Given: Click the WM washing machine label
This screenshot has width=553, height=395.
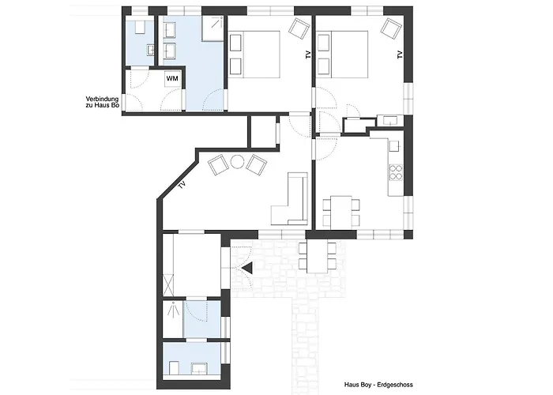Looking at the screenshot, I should click(172, 78).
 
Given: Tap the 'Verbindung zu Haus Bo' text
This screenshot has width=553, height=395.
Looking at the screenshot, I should click(103, 104).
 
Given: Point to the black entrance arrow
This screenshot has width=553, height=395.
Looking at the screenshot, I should click(246, 269).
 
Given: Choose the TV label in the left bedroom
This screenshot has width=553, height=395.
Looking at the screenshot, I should click(307, 55).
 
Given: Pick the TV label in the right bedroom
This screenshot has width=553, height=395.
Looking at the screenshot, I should click(400, 55).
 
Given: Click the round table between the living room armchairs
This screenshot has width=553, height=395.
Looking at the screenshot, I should click(236, 163).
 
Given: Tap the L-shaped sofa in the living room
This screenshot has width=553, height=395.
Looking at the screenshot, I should click(292, 201).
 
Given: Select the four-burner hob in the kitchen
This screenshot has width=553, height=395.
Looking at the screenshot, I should click(395, 173).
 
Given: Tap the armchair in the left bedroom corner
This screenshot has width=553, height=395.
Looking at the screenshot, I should click(298, 28).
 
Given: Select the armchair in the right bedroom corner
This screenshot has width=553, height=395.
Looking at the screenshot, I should click(389, 28).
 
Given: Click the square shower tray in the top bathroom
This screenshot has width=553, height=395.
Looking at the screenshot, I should click(211, 28).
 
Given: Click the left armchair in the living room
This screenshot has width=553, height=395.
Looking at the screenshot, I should click(217, 166).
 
